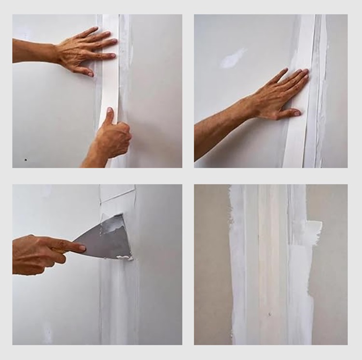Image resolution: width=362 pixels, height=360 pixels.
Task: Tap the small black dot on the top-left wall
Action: click(26, 159)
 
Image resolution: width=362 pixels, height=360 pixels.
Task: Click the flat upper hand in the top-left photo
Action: click(84, 51)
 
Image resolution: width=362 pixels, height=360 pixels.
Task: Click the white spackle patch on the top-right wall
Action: click(233, 59)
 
